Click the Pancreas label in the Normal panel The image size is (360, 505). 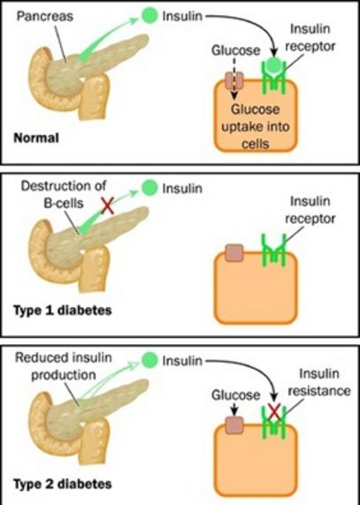pyautogui.click(x=45, y=16)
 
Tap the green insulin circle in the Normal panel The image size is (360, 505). pyautogui.click(x=149, y=15)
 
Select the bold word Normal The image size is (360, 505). pyautogui.click(x=36, y=138)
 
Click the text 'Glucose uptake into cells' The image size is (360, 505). pyautogui.click(x=256, y=126)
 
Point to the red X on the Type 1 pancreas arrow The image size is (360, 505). pyautogui.click(x=108, y=205)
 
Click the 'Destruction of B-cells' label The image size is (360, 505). pyautogui.click(x=64, y=195)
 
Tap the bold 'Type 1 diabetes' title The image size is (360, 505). pyautogui.click(x=63, y=310)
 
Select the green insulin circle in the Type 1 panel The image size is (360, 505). pyautogui.click(x=149, y=187)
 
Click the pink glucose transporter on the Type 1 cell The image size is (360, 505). pyautogui.click(x=234, y=252)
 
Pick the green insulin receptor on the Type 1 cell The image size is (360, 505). pyautogui.click(x=273, y=250)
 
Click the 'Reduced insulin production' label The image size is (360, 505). pyautogui.click(x=64, y=366)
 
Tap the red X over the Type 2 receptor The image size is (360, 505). pyautogui.click(x=274, y=411)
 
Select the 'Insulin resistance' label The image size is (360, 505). pyautogui.click(x=318, y=382)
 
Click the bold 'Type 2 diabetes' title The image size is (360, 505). pyautogui.click(x=63, y=484)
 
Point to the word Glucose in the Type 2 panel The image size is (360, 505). pyautogui.click(x=235, y=395)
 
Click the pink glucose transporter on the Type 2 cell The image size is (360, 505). pyautogui.click(x=234, y=425)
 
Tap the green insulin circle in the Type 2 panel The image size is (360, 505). pyautogui.click(x=149, y=360)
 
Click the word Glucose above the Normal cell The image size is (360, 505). pyautogui.click(x=235, y=50)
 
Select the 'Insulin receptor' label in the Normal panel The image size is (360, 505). pyautogui.click(x=310, y=38)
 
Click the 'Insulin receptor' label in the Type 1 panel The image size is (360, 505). pyautogui.click(x=310, y=210)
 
